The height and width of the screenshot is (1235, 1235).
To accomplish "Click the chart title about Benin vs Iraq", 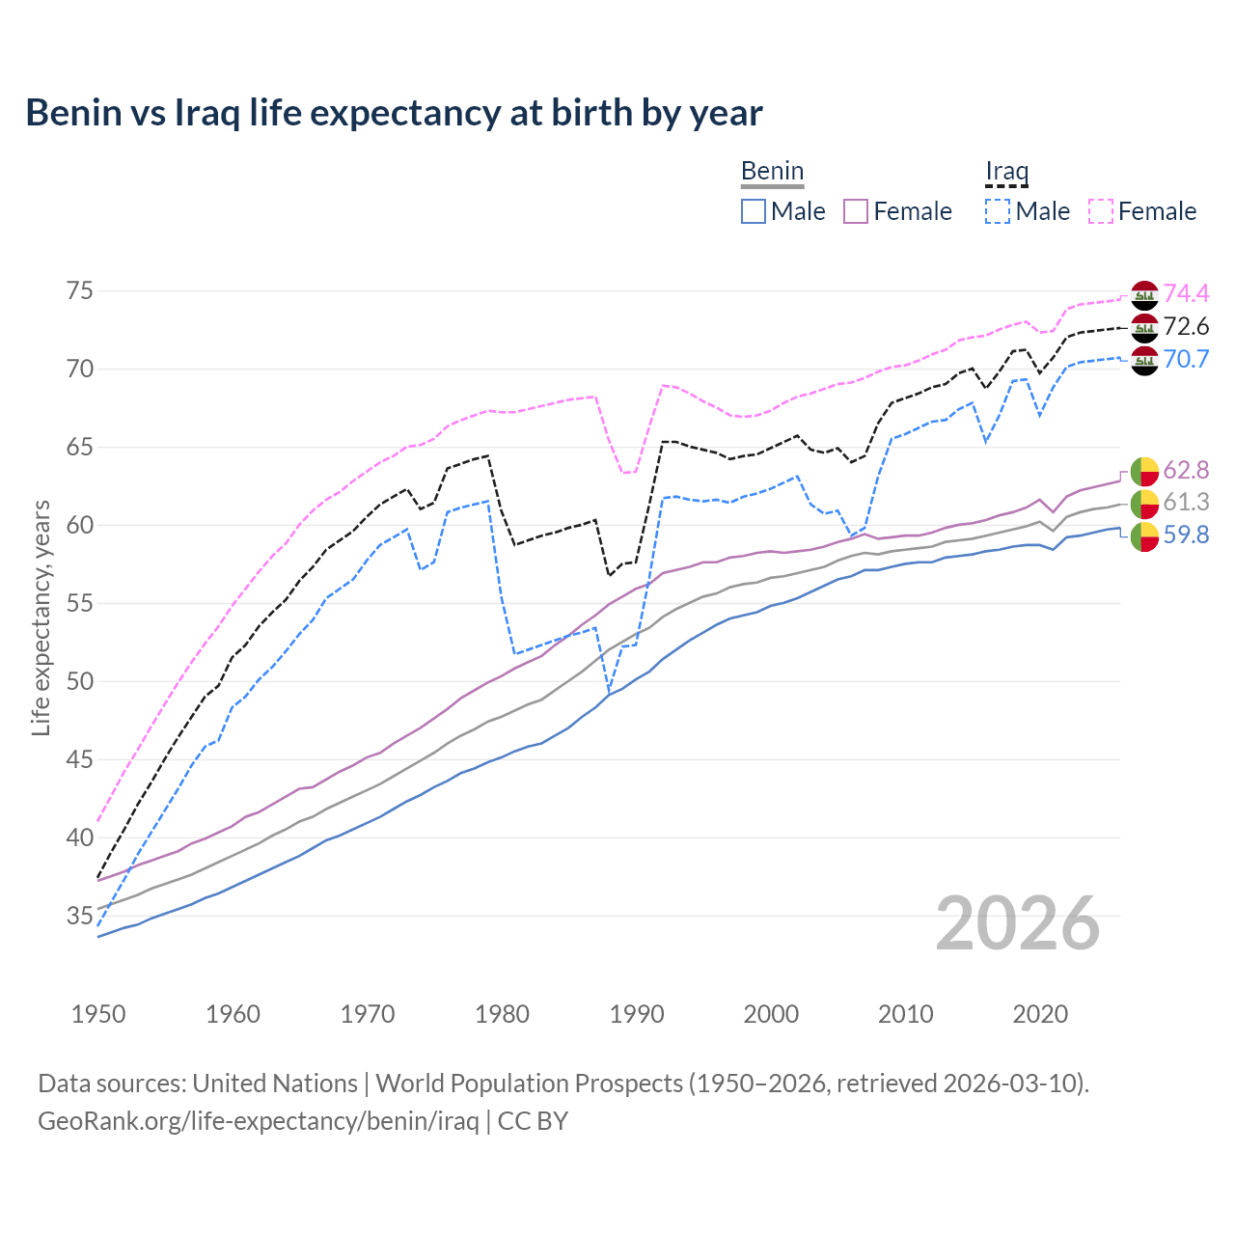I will [394, 113].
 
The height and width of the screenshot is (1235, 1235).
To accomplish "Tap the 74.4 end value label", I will [1186, 293].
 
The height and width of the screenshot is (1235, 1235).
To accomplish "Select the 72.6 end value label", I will [1186, 326].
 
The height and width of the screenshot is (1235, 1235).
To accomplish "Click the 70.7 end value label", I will [1186, 359].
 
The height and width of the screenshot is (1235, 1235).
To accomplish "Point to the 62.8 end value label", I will [1186, 470].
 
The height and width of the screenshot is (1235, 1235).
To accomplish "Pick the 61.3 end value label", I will [1186, 502].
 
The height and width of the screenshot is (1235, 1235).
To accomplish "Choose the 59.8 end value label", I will [1186, 535].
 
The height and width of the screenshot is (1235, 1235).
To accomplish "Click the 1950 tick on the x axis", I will [98, 1014].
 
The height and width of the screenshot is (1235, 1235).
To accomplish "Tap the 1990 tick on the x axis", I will [637, 1014].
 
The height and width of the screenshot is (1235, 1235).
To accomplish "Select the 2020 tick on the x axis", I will [1040, 1014].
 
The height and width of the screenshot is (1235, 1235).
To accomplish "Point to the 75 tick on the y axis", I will [79, 291].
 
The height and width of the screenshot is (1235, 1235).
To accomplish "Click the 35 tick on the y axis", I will [79, 916].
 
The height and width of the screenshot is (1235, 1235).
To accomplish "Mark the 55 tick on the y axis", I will [79, 604].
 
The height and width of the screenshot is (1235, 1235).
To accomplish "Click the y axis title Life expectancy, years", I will [41, 617].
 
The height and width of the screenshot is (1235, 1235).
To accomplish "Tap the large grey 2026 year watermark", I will [1018, 923].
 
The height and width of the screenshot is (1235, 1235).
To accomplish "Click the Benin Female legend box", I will [856, 211].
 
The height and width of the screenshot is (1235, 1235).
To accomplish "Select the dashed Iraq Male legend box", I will [998, 211].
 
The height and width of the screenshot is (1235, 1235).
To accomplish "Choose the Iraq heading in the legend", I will [1006, 172].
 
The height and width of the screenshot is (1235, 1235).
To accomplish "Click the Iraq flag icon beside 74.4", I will [1144, 294].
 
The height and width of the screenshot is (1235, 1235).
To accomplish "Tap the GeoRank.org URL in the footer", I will [258, 1121].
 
